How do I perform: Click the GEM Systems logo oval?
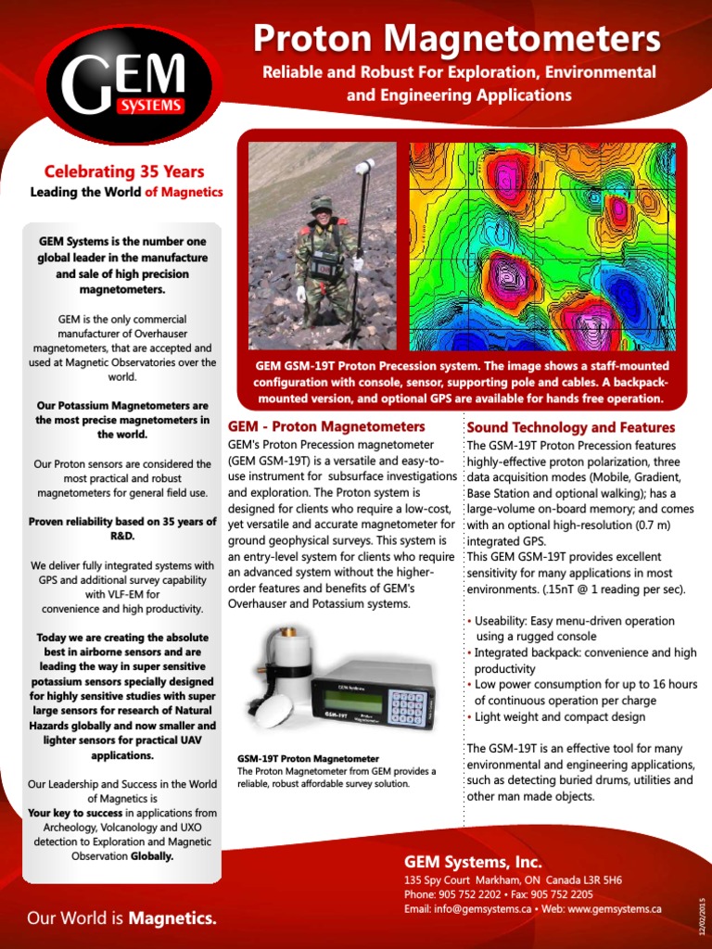124,89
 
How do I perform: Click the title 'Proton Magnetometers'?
457,39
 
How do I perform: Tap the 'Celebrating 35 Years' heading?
124,171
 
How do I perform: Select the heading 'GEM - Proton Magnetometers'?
326,427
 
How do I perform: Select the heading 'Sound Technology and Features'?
571,427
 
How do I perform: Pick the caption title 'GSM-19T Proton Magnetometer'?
308,758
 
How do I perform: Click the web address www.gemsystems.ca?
614,909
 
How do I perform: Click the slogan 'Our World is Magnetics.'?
121,918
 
